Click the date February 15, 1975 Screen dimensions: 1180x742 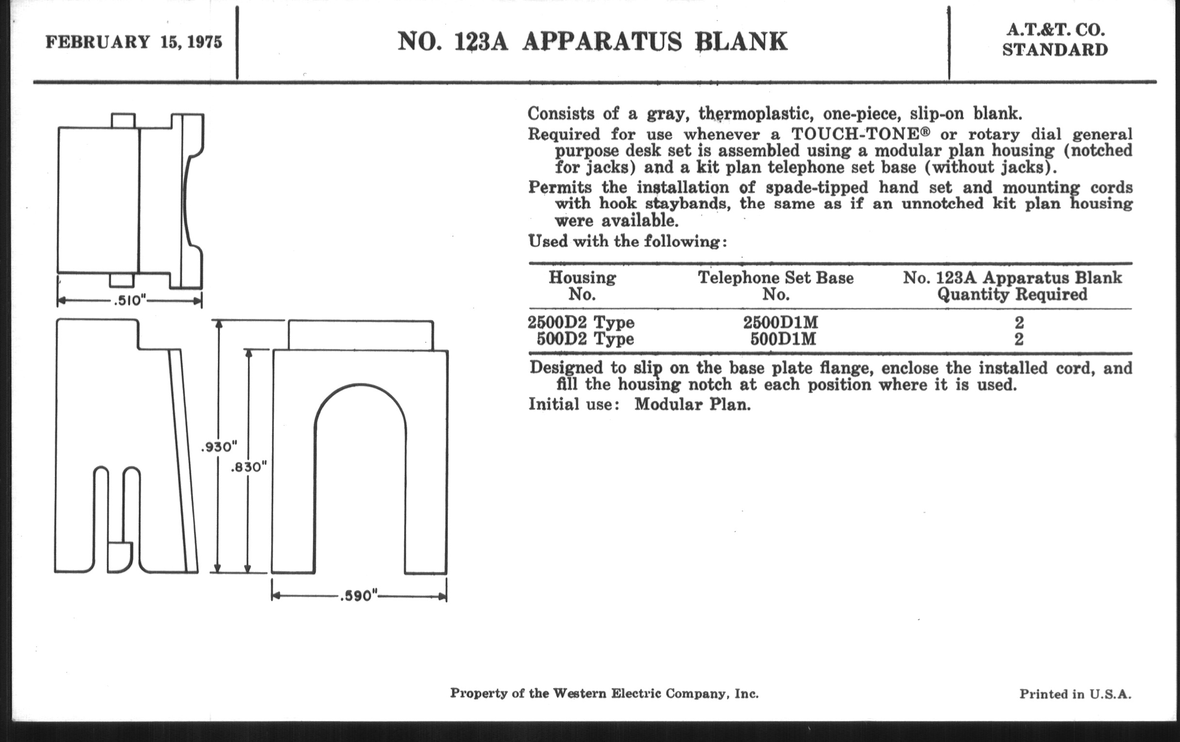tap(134, 42)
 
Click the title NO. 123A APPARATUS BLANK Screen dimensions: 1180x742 tap(592, 42)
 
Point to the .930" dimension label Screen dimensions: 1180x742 tap(219, 447)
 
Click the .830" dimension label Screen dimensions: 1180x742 tap(249, 467)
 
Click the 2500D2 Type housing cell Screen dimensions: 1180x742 tap(581, 323)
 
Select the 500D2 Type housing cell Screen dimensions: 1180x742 tap(585, 339)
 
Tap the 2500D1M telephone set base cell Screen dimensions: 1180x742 tap(781, 323)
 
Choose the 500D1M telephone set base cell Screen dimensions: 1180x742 tap(783, 339)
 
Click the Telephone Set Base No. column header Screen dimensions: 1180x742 tap(776, 286)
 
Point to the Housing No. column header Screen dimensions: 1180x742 tap(582, 286)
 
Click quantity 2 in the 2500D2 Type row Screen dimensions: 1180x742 tap(1019, 323)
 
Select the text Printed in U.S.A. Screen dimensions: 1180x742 tap(1076, 694)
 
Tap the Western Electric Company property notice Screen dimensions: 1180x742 tap(605, 694)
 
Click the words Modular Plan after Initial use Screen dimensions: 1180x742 tap(692, 404)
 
